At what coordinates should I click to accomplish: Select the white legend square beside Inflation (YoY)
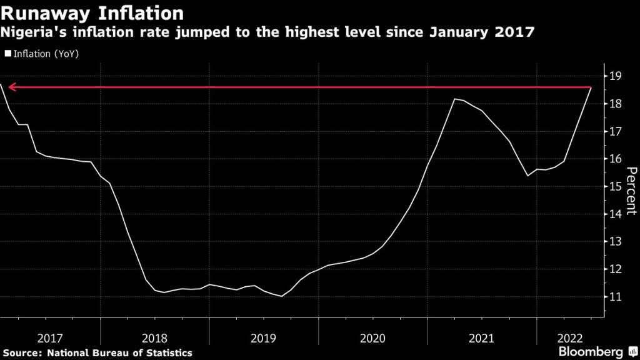[x=8, y=54]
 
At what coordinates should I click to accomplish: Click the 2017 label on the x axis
[x=50, y=338]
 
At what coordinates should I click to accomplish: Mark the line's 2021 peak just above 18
[x=455, y=99]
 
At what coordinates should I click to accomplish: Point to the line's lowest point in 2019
[x=281, y=296]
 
